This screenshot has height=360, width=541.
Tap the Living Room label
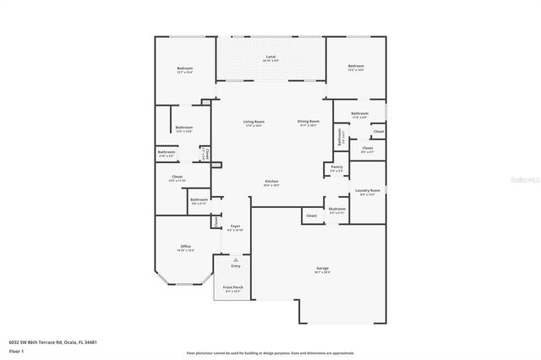[253, 122]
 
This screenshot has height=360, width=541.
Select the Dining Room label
[308, 122]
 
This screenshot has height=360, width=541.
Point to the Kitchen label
[272, 182]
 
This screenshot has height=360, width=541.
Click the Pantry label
[336, 168]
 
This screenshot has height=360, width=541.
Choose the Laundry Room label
[367, 191]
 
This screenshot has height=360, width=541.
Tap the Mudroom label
[337, 208]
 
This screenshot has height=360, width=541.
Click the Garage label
[323, 269]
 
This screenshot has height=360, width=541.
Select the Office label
[185, 247]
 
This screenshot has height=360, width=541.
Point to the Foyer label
[236, 226]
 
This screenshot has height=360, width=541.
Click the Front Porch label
[232, 287]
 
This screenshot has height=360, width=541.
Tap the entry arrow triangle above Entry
[236, 259]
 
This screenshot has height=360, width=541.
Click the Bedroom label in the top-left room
[184, 68]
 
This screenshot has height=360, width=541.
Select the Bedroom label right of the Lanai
[356, 66]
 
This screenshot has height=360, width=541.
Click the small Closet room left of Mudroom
[311, 216]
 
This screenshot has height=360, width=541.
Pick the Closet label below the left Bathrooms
[176, 177]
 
